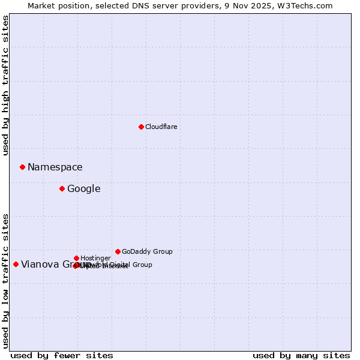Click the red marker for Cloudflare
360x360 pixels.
141,127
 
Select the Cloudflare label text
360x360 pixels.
161,127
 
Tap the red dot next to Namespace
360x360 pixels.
22,167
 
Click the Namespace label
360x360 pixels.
55,167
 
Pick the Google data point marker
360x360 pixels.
62,188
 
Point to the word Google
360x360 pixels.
83,189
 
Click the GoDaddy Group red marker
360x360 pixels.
118,251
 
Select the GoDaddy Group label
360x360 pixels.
147,251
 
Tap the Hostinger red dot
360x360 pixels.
76,258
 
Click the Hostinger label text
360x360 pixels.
95,258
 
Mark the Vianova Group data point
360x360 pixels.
16,264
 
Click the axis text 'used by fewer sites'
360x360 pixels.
62,355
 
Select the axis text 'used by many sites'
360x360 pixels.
301,355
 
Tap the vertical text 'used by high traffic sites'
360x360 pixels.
5,85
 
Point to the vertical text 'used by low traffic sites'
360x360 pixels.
5,280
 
